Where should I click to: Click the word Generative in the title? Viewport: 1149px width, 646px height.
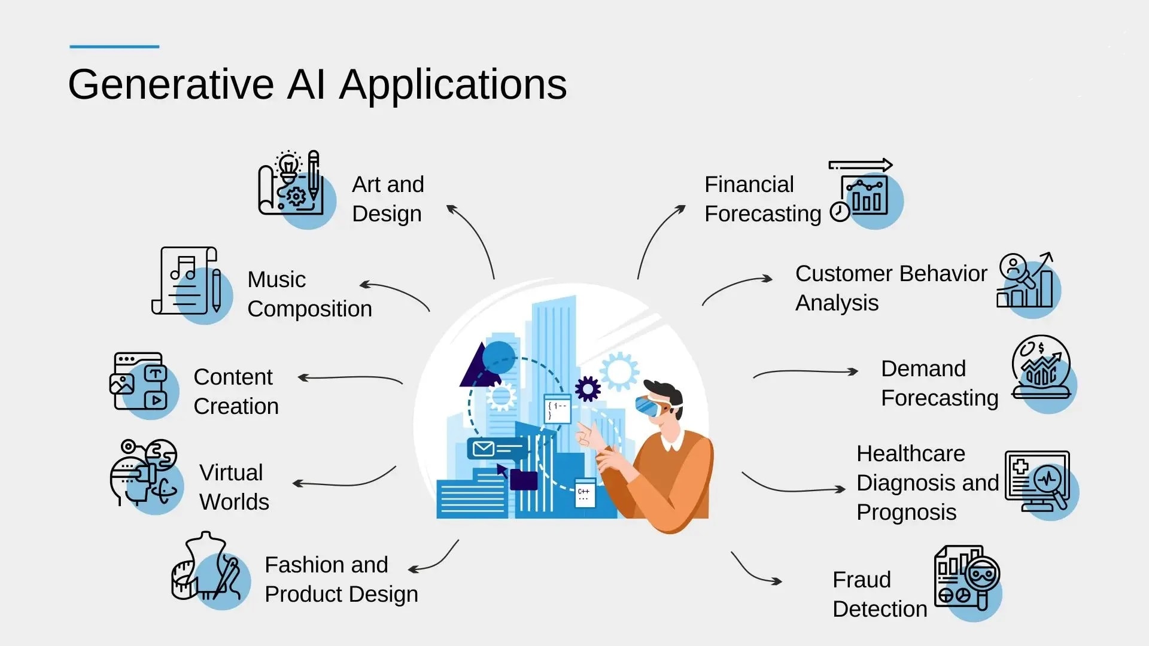[171, 84]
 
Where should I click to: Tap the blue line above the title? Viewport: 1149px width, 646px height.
[114, 46]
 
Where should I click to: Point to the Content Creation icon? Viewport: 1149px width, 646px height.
[141, 383]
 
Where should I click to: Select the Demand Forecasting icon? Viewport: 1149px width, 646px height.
[1042, 370]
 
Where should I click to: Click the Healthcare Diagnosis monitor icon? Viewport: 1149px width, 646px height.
[1039, 482]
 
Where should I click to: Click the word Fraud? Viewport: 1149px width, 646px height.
[861, 580]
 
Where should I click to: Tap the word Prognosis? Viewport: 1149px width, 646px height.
[906, 513]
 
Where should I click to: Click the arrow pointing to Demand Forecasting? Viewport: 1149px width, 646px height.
[805, 372]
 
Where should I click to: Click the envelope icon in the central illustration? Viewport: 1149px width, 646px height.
[484, 448]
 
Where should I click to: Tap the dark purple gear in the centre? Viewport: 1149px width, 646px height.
[588, 389]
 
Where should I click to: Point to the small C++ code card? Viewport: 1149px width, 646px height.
[585, 493]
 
